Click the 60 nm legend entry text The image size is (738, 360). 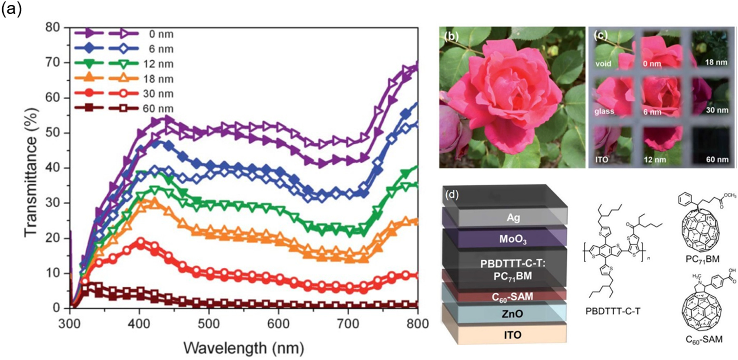[158, 109]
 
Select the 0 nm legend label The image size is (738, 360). [161, 34]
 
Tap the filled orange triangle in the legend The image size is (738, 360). [88, 78]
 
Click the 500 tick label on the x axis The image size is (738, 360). [209, 324]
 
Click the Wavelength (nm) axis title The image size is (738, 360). [244, 347]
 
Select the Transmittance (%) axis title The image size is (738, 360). [31, 172]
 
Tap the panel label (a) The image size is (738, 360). [11, 9]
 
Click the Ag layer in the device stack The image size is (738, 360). [513, 217]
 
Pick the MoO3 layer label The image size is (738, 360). [513, 240]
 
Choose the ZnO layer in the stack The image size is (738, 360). [512, 314]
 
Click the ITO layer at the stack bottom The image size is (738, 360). [512, 335]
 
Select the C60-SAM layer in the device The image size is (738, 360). [512, 297]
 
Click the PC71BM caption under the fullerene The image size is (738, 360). [703, 259]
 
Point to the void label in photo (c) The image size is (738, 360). [603, 64]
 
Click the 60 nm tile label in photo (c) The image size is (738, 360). [717, 159]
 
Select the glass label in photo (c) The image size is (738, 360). [604, 111]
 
